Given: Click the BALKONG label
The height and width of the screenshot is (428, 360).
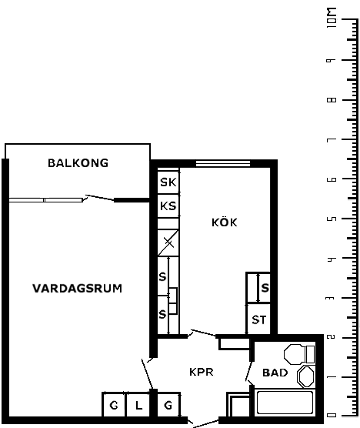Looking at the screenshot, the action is [x=78, y=163].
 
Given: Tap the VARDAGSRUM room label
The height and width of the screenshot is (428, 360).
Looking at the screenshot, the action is [x=77, y=289].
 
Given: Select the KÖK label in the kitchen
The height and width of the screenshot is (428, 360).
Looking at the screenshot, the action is [x=225, y=222].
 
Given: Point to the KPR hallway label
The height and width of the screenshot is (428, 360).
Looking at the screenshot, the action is [x=202, y=372].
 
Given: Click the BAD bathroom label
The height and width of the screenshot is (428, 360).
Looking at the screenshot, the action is [x=275, y=373].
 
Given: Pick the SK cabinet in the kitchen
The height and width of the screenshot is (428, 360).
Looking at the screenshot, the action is [x=168, y=182].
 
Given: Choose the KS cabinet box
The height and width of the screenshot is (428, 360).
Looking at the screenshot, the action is [x=168, y=206].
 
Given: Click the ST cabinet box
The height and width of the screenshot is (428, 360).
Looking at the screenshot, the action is [x=258, y=319].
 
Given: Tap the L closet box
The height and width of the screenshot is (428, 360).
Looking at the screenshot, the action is [x=138, y=406].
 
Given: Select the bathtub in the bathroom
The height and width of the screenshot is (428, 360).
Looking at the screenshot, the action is [x=285, y=403].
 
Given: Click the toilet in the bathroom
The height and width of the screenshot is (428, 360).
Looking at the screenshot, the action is [x=299, y=354].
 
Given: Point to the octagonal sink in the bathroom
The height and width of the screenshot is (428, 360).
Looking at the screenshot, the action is [x=305, y=376].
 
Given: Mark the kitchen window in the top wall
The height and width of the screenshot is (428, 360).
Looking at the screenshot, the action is [x=223, y=163].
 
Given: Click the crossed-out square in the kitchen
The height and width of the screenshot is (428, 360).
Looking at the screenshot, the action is [x=168, y=242].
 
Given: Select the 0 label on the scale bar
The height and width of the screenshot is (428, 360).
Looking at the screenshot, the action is [x=332, y=416].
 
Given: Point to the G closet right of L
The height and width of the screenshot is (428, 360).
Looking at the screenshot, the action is [x=168, y=406].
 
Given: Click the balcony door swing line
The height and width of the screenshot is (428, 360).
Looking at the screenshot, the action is [x=99, y=198].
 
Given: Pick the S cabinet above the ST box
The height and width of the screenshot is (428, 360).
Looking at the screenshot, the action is [x=258, y=287].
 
